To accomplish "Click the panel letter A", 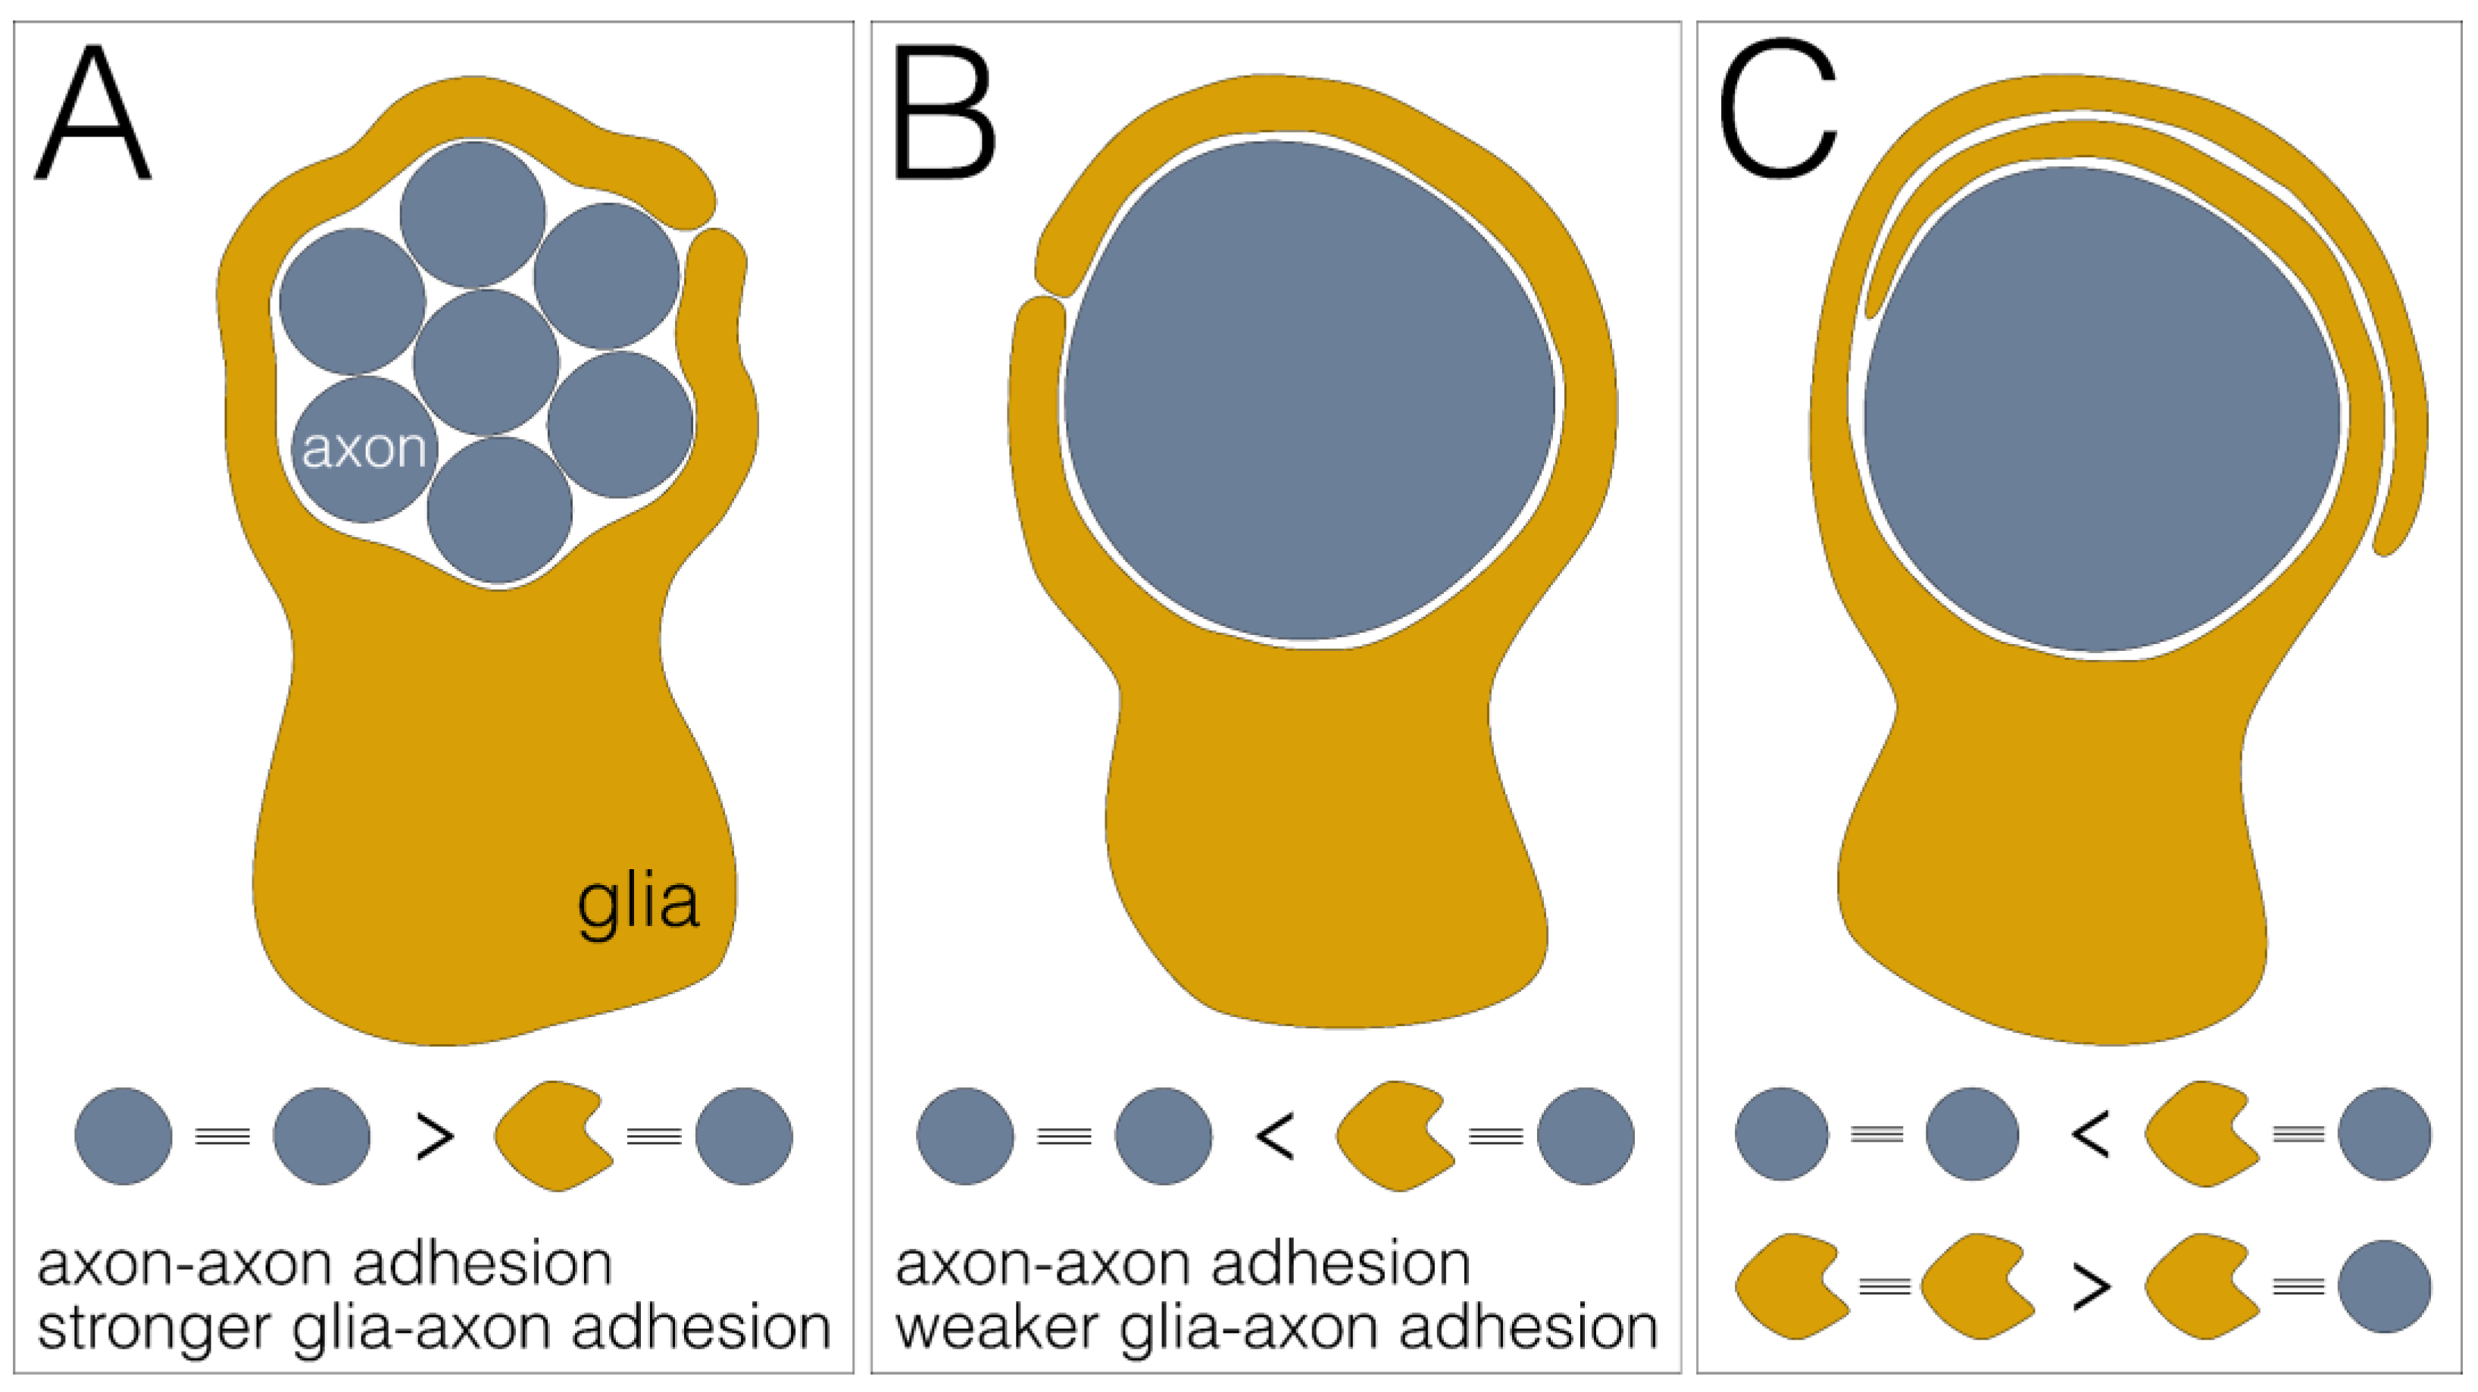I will [93, 115].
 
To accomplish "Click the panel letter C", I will [1778, 111].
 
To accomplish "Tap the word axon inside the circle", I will [364, 449].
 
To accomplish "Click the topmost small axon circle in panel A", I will [472, 214].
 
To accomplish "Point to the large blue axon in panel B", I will [1308, 389].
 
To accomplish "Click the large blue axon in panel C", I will [2102, 409].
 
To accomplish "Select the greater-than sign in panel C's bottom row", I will [2090, 1287].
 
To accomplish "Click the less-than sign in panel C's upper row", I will [2090, 1134].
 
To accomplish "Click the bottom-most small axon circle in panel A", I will [499, 511].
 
